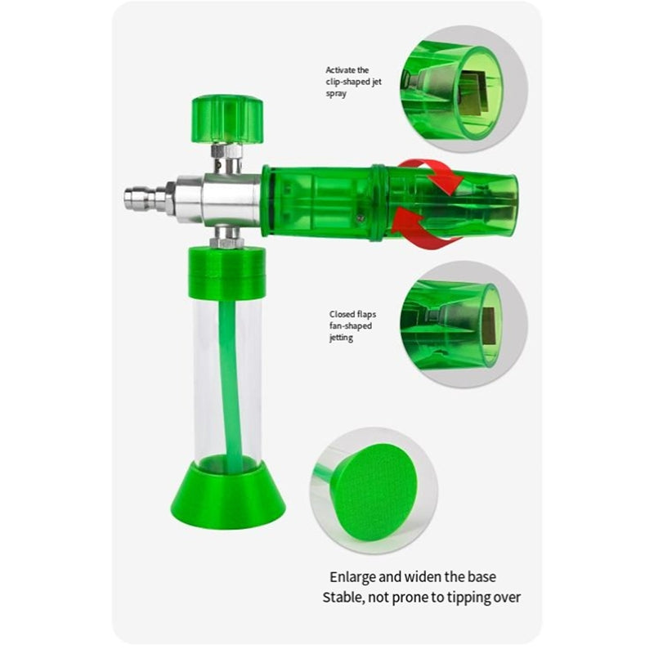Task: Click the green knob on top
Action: [227, 119]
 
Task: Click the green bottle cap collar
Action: [227, 273]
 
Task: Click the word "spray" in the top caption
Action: [336, 94]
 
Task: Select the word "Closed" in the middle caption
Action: [340, 314]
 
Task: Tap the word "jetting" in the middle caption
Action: [341, 338]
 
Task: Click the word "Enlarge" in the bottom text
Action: [353, 578]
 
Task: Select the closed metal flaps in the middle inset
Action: [489, 326]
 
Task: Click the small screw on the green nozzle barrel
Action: [361, 217]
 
